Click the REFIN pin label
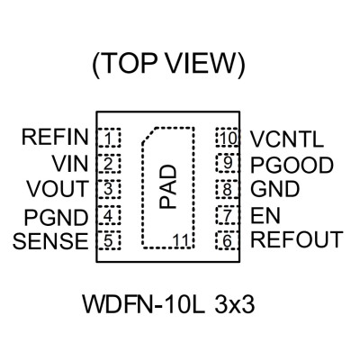click(55, 137)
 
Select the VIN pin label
click(70, 164)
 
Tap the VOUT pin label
click(58, 189)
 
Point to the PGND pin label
click(56, 217)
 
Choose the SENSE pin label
click(50, 241)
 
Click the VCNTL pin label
click(287, 139)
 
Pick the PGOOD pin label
click(292, 165)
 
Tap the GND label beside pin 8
click(275, 189)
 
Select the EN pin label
click(265, 215)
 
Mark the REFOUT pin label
click(297, 239)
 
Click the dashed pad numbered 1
click(108, 138)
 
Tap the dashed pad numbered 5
click(108, 240)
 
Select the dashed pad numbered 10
click(228, 138)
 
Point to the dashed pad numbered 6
click(228, 240)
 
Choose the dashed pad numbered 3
click(108, 189)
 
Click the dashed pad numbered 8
click(228, 189)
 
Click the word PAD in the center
click(167, 186)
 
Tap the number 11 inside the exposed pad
click(181, 240)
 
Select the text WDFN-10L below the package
click(144, 305)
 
